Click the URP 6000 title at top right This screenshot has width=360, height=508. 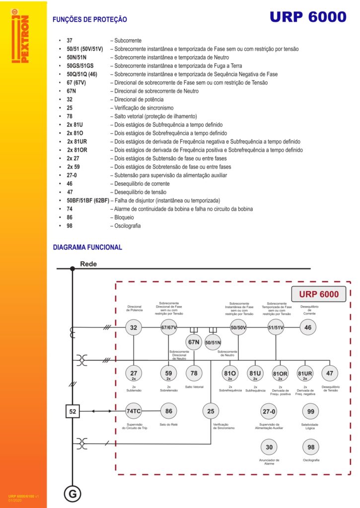[308, 17]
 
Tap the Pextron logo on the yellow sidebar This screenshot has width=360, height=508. [20, 36]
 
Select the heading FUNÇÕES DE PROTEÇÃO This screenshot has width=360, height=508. [90, 19]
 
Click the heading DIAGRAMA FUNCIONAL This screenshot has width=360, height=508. [87, 247]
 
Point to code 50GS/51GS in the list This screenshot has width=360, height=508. [80, 66]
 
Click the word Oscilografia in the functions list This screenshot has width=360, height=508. [128, 226]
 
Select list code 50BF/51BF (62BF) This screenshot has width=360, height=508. [88, 200]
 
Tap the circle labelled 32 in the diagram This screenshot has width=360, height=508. [134, 327]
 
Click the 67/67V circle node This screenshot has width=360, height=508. [169, 327]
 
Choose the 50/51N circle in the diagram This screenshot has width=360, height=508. [213, 342]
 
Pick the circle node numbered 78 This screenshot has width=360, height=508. [194, 373]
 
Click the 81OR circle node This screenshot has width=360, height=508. [280, 374]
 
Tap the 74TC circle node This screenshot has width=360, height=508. [134, 411]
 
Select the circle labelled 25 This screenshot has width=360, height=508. [211, 411]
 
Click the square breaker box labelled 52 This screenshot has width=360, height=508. [72, 411]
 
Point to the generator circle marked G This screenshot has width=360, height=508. [72, 494]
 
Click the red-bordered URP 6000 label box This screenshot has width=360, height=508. [318, 294]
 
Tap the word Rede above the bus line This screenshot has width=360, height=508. [88, 264]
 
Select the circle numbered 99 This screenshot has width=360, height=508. [311, 411]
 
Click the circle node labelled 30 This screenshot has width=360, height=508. [269, 447]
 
